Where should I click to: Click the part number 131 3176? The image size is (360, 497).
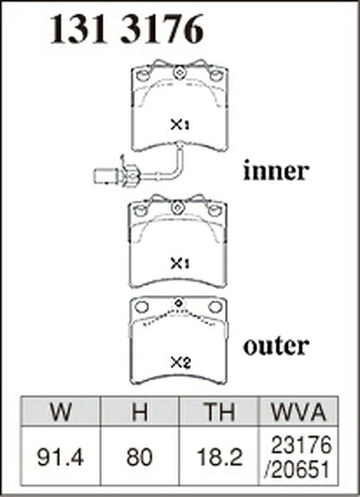pos(126,29)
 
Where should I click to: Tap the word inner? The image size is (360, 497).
pos(276,171)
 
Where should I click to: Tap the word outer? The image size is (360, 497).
pos(276,345)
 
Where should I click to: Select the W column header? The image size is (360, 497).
pos(61,412)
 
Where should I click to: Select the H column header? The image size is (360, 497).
pos(139,412)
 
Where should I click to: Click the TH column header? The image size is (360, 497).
pos(219,412)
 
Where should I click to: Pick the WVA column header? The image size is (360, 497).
pos(299,412)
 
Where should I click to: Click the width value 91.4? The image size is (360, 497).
pos(61,458)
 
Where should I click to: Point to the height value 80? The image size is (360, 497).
pos(139,458)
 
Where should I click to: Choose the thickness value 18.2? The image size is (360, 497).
pos(219,458)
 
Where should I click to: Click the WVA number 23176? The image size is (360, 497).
pos(302,445)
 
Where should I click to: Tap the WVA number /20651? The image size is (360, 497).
pos(297,469)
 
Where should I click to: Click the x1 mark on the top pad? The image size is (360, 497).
pos(180,125)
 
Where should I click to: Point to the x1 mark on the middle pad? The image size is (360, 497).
pos(180,263)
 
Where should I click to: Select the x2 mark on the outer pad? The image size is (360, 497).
pos(181,362)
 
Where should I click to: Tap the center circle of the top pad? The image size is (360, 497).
pos(179,73)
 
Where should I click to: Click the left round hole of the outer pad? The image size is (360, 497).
pos(141,307)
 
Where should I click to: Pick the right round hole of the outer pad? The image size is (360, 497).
pos(215,307)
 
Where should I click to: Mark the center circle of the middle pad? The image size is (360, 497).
pos(177,209)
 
